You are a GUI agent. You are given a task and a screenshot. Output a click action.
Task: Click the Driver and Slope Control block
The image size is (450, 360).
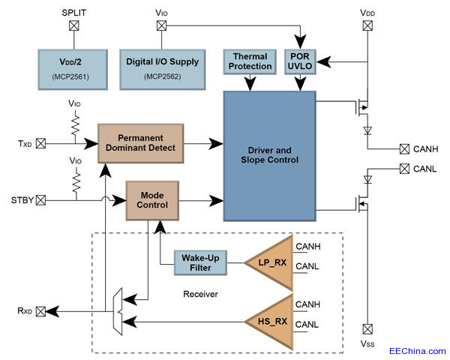click(x=269, y=154)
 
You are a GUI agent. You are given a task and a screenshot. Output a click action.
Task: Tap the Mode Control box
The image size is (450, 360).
click(x=152, y=199)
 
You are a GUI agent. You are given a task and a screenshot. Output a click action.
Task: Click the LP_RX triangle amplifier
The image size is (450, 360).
click(x=268, y=262)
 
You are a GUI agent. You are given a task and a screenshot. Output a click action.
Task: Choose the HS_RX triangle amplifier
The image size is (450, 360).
click(x=268, y=322)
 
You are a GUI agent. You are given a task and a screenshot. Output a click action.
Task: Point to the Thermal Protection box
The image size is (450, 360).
click(x=251, y=62)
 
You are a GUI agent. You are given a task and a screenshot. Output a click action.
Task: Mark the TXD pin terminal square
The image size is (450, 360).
click(x=40, y=142)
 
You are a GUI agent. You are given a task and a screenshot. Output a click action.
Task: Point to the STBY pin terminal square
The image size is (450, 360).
click(x=40, y=200)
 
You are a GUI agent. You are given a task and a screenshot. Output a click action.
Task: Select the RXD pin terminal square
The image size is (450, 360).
click(x=40, y=310)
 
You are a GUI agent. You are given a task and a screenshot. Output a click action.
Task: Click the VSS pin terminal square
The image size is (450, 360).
click(x=367, y=328)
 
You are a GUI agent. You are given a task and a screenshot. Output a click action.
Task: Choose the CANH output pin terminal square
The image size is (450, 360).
click(x=404, y=148)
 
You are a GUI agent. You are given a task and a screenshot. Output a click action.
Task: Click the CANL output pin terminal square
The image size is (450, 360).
click(x=404, y=169)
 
